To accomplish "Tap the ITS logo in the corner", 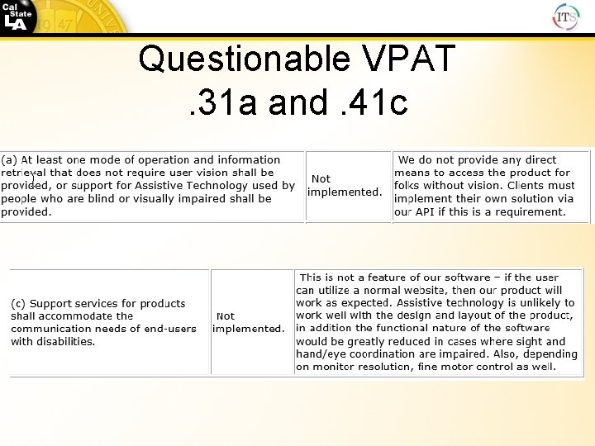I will pyautogui.click(x=566, y=16).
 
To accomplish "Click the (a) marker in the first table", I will pyautogui.click(x=10, y=160).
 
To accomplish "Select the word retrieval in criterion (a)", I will pyautogui.click(x=22, y=173).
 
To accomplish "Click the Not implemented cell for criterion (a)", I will pyautogui.click(x=345, y=186).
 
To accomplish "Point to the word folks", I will pyautogui.click(x=410, y=186).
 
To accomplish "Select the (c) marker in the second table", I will pyautogui.click(x=18, y=304).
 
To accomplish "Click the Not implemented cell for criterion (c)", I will pyautogui.click(x=249, y=322).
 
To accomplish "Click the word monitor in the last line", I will pyautogui.click(x=340, y=367).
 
